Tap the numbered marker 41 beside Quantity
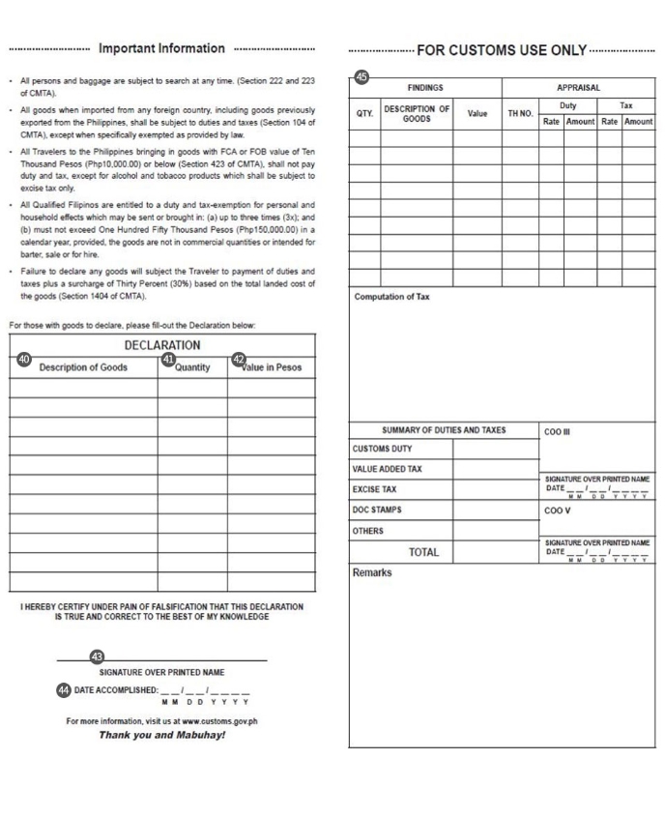tap(167, 360)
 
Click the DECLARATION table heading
tap(162, 345)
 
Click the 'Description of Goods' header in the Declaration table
tap(83, 367)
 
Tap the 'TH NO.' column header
tap(520, 113)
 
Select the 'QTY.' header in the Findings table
tap(364, 113)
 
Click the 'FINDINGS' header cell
tap(425, 88)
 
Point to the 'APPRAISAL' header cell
tap(578, 88)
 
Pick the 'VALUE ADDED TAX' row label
tap(388, 469)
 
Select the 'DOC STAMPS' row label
tap(377, 510)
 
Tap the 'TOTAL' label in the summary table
tap(423, 552)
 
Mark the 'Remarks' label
tap(372, 572)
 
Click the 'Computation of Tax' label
tap(392, 297)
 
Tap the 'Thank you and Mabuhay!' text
tap(162, 735)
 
